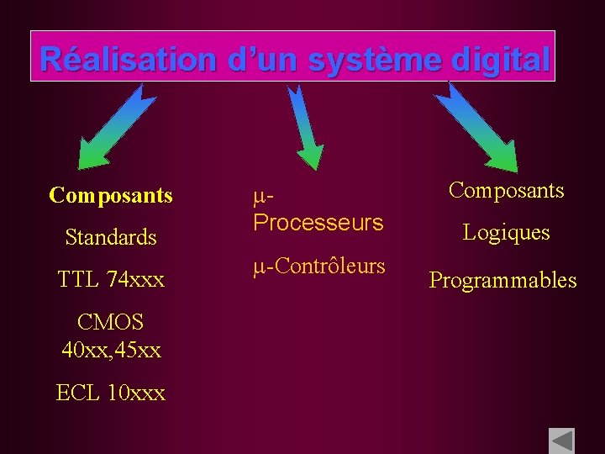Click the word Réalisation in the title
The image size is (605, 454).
[129, 60]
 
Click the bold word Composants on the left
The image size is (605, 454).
[111, 196]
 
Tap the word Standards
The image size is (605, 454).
[111, 237]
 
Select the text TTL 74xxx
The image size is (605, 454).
[111, 278]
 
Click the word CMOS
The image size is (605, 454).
[110, 321]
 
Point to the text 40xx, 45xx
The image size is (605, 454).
[111, 348]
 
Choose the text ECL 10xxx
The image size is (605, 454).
[111, 392]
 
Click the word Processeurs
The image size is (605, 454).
[318, 223]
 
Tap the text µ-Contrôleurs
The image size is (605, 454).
[319, 267]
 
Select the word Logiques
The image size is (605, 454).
[507, 232]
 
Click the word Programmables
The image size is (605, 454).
[503, 280]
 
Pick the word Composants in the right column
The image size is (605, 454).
[506, 190]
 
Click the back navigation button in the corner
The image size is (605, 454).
[560, 441]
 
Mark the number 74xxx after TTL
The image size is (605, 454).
[135, 278]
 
